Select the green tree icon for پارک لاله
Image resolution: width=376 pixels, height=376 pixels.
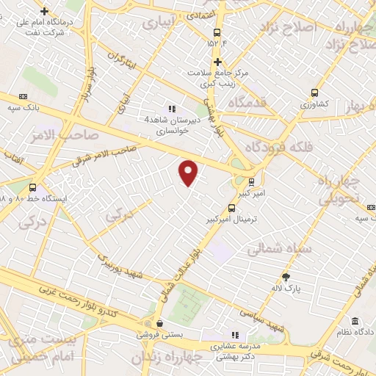[x=286, y=277]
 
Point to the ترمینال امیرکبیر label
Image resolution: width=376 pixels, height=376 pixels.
[x=231, y=219]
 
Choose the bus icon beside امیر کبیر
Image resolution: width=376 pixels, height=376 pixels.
[x=251, y=181]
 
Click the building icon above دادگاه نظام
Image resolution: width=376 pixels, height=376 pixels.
[x=355, y=322]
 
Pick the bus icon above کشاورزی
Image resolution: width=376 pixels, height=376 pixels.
[x=314, y=93]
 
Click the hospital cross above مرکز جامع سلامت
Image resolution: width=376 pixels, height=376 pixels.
[x=217, y=62]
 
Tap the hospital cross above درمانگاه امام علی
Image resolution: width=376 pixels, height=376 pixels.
[x=46, y=12]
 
